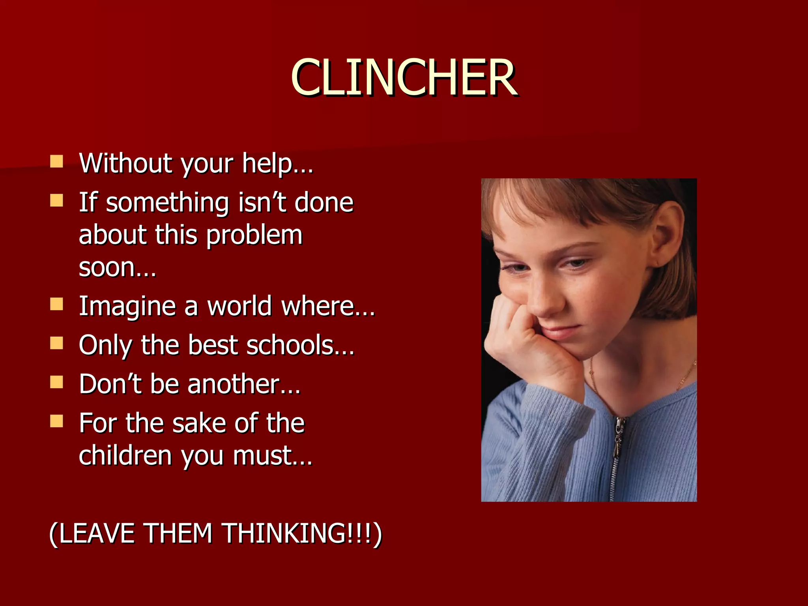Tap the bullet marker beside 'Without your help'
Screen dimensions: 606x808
point(57,161)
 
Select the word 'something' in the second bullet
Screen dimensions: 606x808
point(167,203)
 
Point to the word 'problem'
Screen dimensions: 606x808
point(254,236)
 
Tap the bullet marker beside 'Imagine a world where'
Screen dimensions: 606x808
point(57,304)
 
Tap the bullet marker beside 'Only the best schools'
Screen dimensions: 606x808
point(57,343)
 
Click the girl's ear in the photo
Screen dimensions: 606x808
point(667,233)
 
